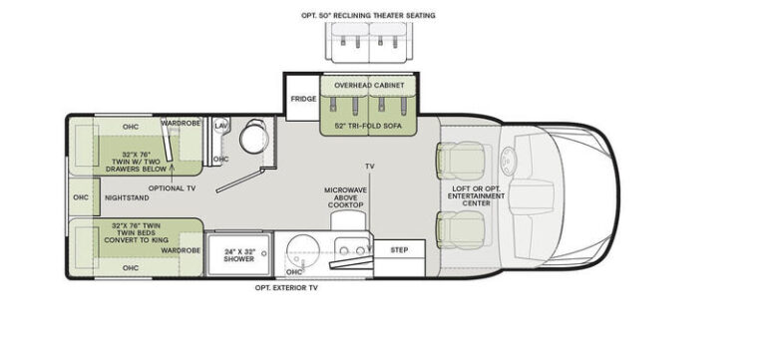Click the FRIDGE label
coord(303,100)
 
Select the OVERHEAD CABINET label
coord(369,87)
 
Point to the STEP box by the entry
coord(399,250)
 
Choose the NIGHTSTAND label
coord(127,196)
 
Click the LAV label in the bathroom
coord(220,126)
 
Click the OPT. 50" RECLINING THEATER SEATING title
coord(368,15)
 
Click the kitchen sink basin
coord(297,247)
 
